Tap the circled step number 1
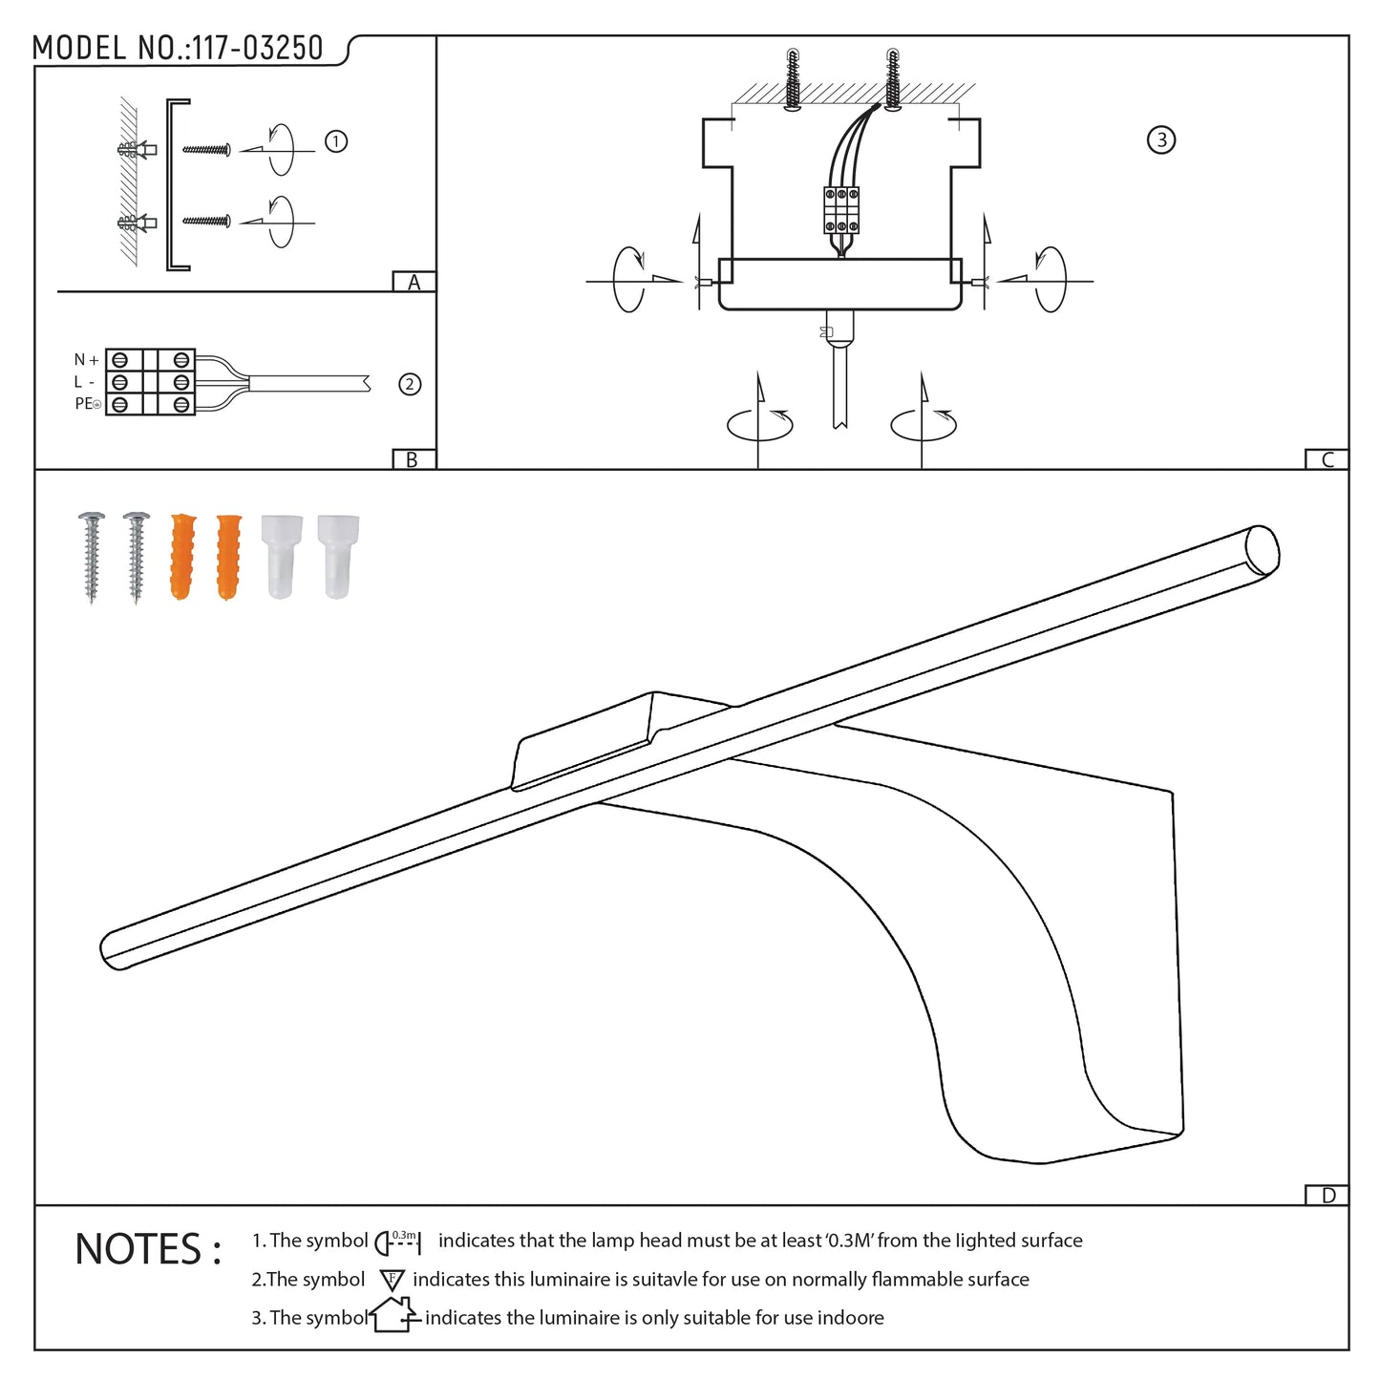(x=335, y=141)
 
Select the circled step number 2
(x=410, y=384)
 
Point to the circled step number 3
(x=1160, y=140)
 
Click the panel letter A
(x=414, y=282)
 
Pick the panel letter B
(x=413, y=459)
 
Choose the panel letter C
(x=1327, y=459)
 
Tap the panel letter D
(x=1327, y=1196)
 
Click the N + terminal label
(x=86, y=360)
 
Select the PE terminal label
(x=87, y=404)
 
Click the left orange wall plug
(x=182, y=557)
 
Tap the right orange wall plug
(x=228, y=557)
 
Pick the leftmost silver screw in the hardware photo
(x=92, y=557)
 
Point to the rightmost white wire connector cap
(x=338, y=557)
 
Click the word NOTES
(x=148, y=1249)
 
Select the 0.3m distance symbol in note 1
(x=398, y=1242)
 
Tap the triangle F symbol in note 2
(x=392, y=1280)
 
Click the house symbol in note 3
(x=393, y=1315)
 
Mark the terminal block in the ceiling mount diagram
(x=841, y=210)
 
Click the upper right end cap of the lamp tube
(x=1263, y=550)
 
